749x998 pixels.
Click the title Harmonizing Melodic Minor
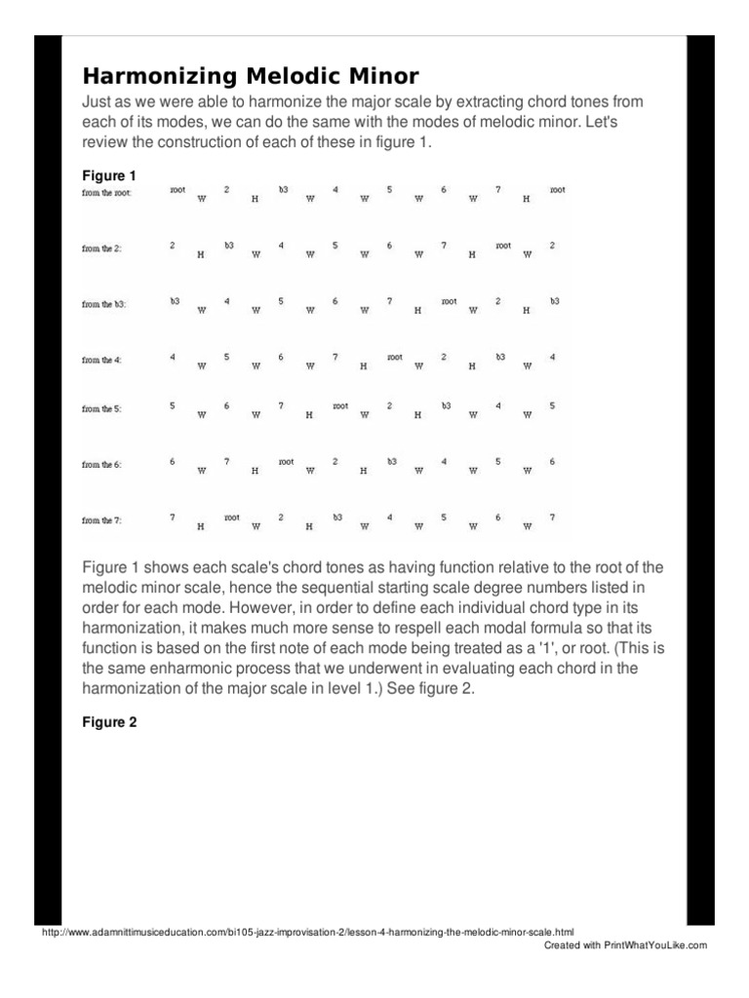[251, 76]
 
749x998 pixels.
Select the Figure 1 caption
[109, 176]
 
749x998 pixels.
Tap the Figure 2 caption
[109, 723]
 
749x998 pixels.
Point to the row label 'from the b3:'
[106, 305]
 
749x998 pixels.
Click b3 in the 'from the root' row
[283, 189]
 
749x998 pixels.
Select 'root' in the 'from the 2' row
[502, 246]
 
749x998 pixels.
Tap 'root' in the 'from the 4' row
[394, 357]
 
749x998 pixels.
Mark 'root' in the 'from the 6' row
[286, 461]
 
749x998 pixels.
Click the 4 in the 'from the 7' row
[389, 518]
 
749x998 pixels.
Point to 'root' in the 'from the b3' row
[449, 301]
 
